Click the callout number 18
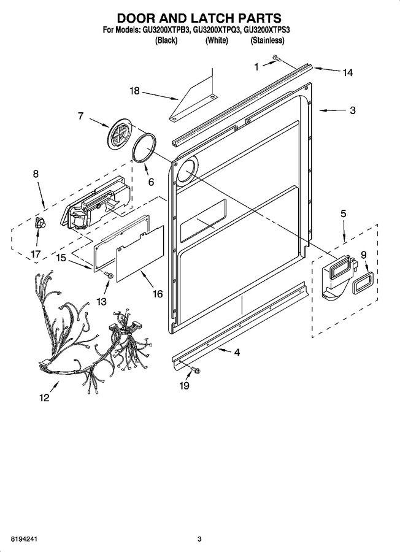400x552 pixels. (134, 91)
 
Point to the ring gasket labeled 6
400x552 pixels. (145, 148)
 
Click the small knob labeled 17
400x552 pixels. (39, 223)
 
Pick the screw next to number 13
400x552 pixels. (109, 275)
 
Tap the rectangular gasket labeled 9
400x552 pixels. (362, 282)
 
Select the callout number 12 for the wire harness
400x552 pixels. (44, 398)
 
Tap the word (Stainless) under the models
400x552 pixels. (267, 40)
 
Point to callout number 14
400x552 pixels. (347, 72)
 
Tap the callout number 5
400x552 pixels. (344, 213)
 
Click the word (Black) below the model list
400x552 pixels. (166, 40)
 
